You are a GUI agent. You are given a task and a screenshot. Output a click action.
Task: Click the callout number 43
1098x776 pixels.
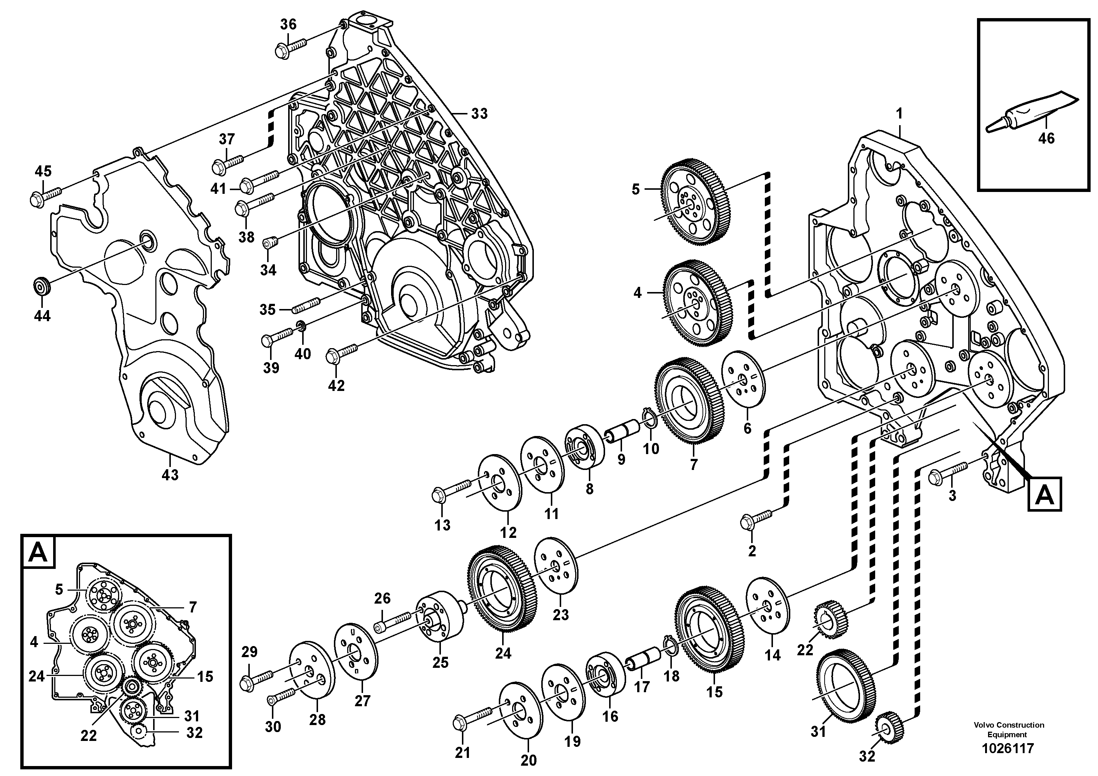[170, 475]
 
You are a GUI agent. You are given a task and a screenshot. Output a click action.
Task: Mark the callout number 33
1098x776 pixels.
[479, 113]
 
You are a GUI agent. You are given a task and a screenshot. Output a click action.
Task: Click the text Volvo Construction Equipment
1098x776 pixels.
[1008, 729]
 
